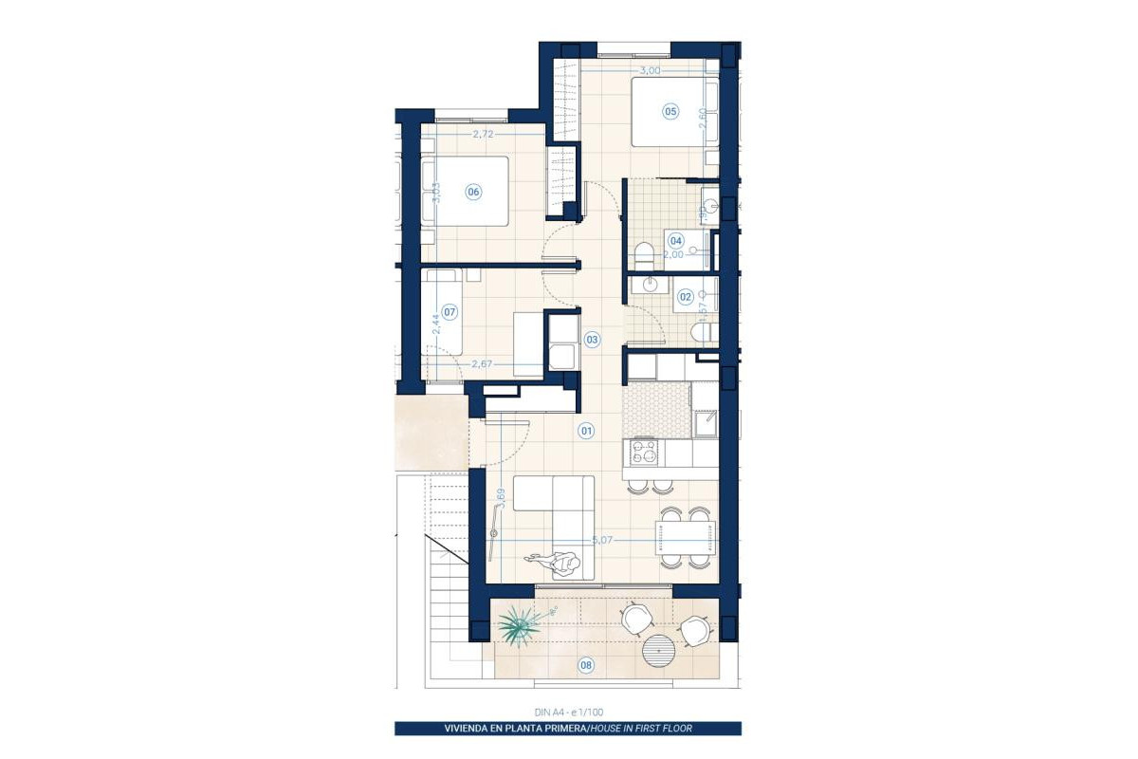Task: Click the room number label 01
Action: pos(586,432)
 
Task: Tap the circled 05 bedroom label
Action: pos(670,112)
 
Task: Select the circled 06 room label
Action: pos(473,192)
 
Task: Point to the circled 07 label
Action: pos(450,310)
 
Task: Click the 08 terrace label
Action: pos(586,665)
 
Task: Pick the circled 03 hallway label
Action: pos(592,339)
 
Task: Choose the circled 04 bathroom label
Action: pos(676,240)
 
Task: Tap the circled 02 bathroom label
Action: pos(685,296)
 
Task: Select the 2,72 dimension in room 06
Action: pos(482,135)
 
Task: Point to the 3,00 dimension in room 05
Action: pos(650,70)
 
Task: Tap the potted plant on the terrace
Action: pos(521,625)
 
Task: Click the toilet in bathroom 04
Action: pos(644,256)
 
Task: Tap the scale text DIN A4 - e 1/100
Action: pos(568,712)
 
